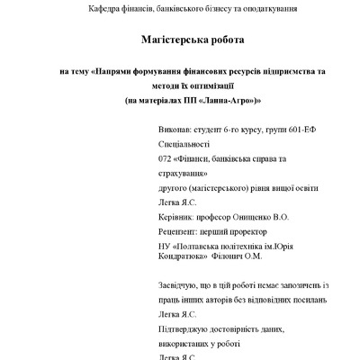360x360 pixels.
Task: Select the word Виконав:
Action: (x=174, y=130)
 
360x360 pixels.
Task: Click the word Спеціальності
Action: (x=183, y=144)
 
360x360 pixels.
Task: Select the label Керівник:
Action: (x=176, y=217)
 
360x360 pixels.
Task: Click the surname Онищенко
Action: (x=263, y=217)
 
